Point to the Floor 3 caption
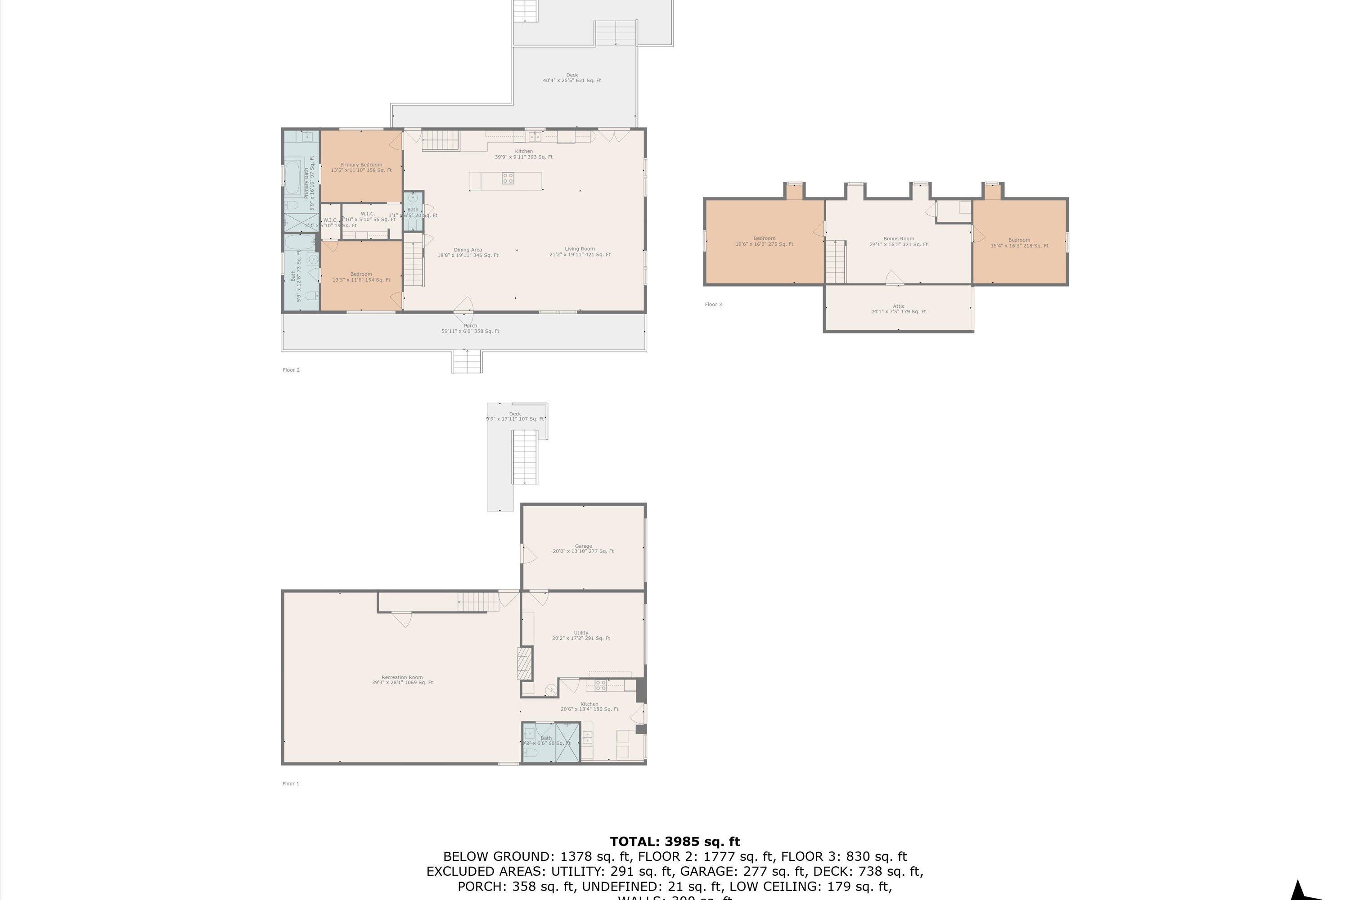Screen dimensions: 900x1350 click(x=713, y=304)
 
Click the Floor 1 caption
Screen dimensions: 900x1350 click(x=290, y=783)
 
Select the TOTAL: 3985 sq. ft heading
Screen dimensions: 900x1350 click(x=675, y=841)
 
